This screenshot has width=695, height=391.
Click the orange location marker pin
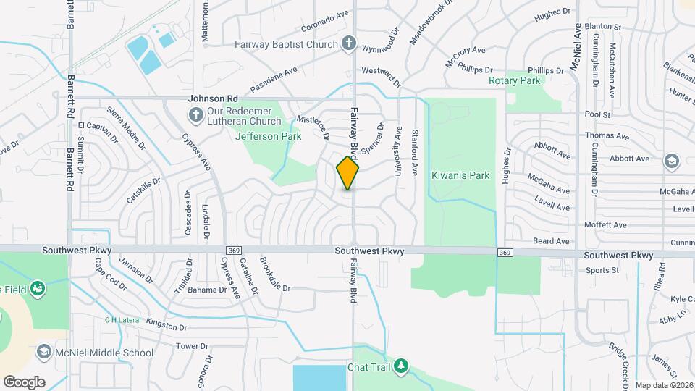pyautogui.click(x=347, y=173)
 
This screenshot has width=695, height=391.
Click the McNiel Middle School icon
pyautogui.click(x=43, y=353)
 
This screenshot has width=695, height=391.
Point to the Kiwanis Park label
pyautogui.click(x=460, y=175)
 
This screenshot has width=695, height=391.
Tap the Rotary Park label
pyautogui.click(x=515, y=81)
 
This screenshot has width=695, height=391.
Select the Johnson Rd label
pyautogui.click(x=213, y=98)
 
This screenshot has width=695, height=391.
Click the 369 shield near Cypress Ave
pyautogui.click(x=233, y=251)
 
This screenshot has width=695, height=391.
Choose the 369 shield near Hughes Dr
pyautogui.click(x=505, y=252)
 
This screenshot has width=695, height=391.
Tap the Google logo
pyautogui.click(x=24, y=382)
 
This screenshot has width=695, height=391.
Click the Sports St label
pyautogui.click(x=602, y=271)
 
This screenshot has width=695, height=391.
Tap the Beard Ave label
pyautogui.click(x=551, y=241)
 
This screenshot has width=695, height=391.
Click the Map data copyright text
pyautogui.click(x=663, y=385)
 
